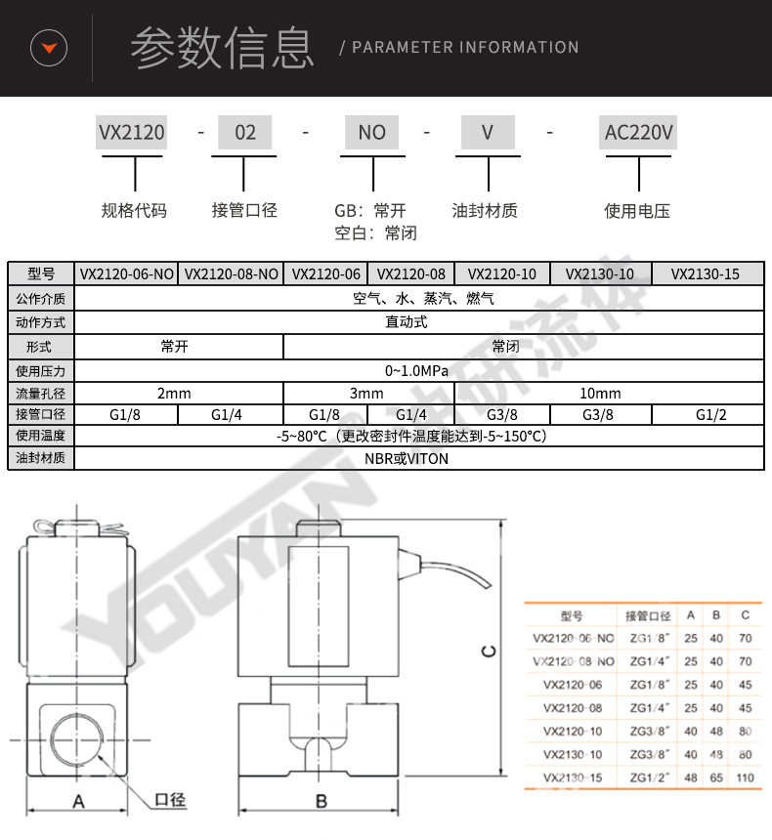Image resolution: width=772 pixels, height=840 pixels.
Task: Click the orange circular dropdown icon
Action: (49, 47)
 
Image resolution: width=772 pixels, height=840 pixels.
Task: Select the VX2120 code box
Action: (131, 132)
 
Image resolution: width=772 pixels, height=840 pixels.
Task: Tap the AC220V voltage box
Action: (639, 132)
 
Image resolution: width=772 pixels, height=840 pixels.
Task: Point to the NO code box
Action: (372, 132)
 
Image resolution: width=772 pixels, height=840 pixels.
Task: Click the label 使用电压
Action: (637, 210)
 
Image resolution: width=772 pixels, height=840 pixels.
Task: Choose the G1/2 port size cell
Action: (710, 414)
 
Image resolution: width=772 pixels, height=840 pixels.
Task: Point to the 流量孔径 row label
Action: (41, 394)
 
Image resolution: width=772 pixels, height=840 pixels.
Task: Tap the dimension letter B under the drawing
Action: (321, 802)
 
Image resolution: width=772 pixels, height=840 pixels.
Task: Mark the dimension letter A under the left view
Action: (80, 802)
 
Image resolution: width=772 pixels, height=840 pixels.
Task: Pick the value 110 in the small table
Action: (745, 777)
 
